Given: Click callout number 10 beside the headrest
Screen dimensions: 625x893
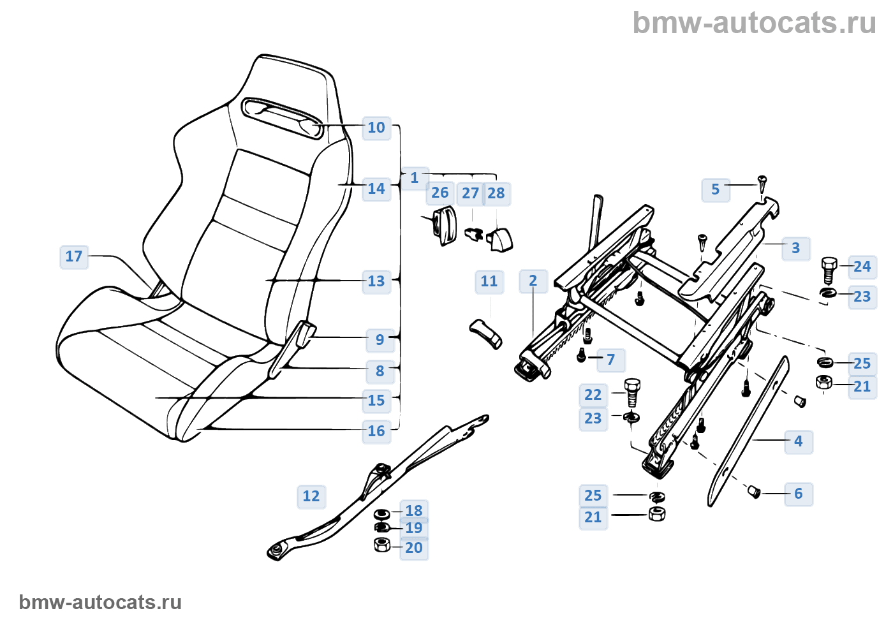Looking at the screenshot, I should [x=376, y=128].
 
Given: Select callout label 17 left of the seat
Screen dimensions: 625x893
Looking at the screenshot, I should [x=74, y=256].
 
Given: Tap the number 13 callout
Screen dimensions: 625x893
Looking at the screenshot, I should [x=376, y=281].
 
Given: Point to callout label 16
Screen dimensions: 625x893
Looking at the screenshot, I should [x=376, y=431].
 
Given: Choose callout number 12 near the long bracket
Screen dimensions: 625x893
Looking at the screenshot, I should [x=311, y=496].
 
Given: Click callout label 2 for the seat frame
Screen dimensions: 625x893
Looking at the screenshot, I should [x=533, y=281].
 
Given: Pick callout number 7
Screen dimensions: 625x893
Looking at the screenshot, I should [x=610, y=360].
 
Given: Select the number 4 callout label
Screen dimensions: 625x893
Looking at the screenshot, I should [x=798, y=441].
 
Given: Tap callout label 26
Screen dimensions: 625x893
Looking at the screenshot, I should [x=440, y=193].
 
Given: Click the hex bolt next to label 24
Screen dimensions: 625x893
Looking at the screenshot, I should [x=829, y=270].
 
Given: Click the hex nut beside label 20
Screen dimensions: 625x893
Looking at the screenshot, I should [x=382, y=545].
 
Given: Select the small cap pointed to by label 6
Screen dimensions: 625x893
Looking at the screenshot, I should [x=754, y=492].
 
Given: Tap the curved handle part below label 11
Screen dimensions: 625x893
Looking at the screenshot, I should [x=486, y=333].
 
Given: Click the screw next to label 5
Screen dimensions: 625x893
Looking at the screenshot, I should [x=762, y=184].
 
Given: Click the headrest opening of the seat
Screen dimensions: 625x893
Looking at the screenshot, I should [x=281, y=117].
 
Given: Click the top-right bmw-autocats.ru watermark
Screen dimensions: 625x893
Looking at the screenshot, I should [x=754, y=23].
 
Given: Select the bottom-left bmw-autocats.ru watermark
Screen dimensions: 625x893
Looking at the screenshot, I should [x=100, y=602].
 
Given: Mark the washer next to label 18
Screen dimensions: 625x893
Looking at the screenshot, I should [x=382, y=513].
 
